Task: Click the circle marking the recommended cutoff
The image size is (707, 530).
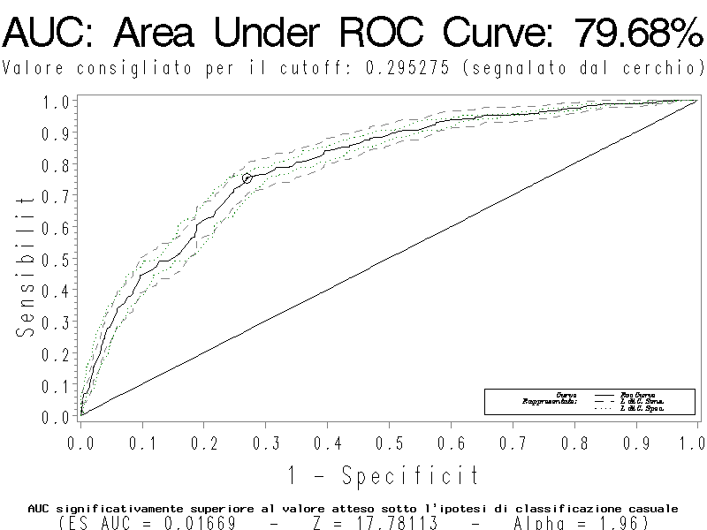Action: (247, 178)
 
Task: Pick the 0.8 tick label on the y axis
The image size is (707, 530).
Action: (56, 164)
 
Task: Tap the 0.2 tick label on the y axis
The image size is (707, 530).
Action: (56, 354)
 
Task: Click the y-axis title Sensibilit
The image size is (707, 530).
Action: (26, 265)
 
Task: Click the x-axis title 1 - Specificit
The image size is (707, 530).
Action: (384, 476)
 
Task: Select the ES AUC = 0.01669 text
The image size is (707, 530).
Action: (149, 524)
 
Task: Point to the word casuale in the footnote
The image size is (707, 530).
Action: (652, 509)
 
